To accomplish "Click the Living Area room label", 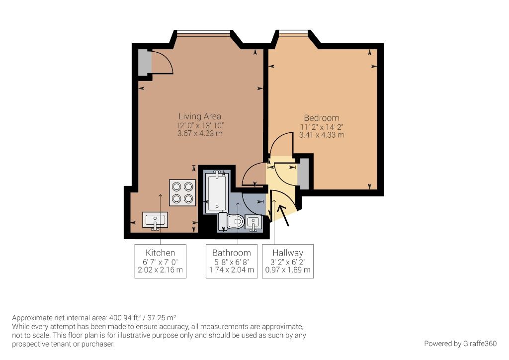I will pyautogui.click(x=199, y=117).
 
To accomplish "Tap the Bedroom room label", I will pyautogui.click(x=322, y=118).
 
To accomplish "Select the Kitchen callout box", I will pyautogui.click(x=160, y=261).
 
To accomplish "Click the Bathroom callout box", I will pyautogui.click(x=231, y=261).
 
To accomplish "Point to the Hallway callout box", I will pyautogui.click(x=288, y=261).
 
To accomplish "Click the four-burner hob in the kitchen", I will pyautogui.click(x=181, y=192).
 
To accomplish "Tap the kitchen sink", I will pyautogui.click(x=155, y=220).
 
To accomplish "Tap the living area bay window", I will pyautogui.click(x=204, y=33).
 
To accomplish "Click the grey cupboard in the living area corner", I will pyautogui.click(x=144, y=62).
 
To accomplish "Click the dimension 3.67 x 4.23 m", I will pyautogui.click(x=199, y=134).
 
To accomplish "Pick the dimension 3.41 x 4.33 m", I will pyautogui.click(x=322, y=135).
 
